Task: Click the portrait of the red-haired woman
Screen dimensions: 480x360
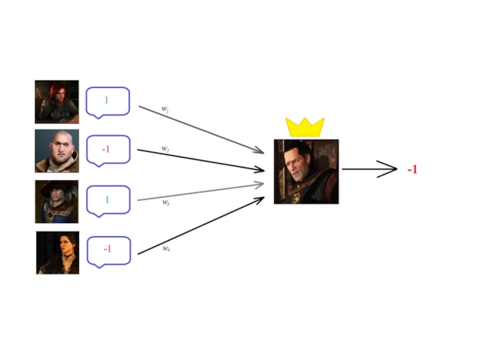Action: tap(56, 101)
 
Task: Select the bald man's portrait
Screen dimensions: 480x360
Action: tap(56, 151)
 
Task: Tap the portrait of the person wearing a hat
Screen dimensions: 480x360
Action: tap(56, 202)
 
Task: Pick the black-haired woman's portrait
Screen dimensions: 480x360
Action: tap(58, 253)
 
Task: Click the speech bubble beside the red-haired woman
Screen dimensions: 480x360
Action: tap(107, 101)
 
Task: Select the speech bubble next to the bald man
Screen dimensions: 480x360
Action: tap(107, 149)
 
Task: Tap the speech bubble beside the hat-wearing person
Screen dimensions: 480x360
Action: tap(108, 200)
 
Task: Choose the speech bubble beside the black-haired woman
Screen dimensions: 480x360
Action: tap(109, 251)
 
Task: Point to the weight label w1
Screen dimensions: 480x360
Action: tap(164, 109)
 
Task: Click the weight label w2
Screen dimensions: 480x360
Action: tap(164, 148)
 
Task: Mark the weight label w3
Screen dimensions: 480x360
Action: tap(166, 202)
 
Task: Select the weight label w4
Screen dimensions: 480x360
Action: tap(166, 248)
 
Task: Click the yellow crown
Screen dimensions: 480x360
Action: tap(305, 127)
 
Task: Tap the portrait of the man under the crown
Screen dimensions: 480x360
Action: tap(306, 172)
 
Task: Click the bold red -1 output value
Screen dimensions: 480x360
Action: tap(412, 170)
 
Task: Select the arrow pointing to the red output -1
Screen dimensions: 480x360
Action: tap(369, 169)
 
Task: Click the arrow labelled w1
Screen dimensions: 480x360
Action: tap(201, 129)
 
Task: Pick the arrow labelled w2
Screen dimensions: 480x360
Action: tap(201, 160)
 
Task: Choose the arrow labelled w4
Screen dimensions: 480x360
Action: tap(201, 226)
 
